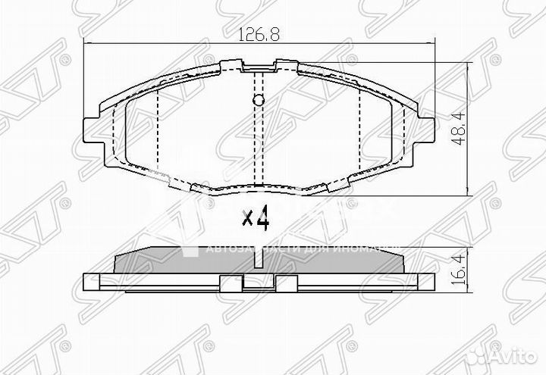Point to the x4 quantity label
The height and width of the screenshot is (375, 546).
pyautogui.click(x=256, y=220)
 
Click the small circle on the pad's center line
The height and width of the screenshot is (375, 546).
pyautogui.click(x=258, y=102)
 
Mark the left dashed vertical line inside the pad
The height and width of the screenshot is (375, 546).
pyautogui.click(x=156, y=129)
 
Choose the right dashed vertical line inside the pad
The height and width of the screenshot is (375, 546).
pyautogui.click(x=358, y=129)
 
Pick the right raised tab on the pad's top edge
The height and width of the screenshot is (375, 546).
pyautogui.click(x=285, y=65)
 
